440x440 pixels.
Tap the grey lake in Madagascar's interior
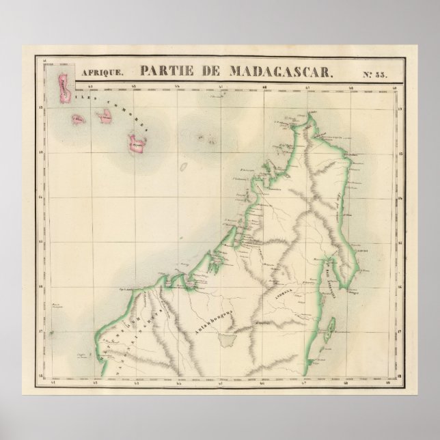(x=225, y=339)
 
